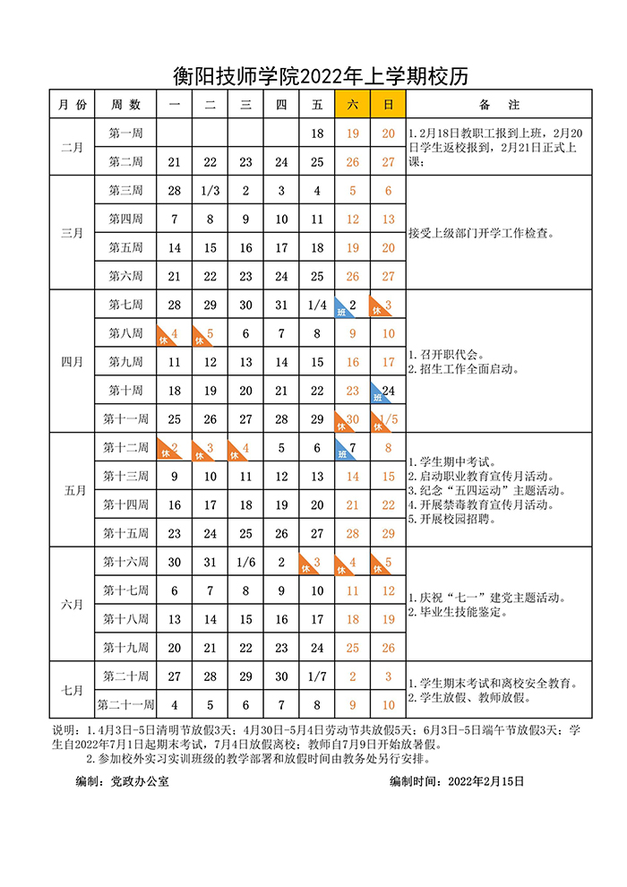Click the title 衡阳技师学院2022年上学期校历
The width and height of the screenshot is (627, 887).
[x=321, y=75]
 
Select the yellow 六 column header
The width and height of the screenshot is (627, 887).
[x=352, y=105]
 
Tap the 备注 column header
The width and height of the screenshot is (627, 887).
[x=499, y=105]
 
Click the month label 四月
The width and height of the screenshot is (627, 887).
[x=72, y=362]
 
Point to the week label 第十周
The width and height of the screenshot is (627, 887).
[x=126, y=391]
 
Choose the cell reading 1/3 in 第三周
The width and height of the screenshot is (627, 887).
[x=210, y=191]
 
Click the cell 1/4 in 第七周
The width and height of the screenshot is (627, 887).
[x=316, y=306]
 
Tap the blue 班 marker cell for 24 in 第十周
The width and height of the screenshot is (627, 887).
[x=388, y=391]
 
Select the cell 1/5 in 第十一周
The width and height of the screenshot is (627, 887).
[x=388, y=419]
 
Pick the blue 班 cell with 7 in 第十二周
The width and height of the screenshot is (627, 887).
[x=352, y=448]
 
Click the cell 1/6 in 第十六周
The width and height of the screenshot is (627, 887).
[x=245, y=563]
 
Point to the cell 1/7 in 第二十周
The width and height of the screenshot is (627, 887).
[x=316, y=676]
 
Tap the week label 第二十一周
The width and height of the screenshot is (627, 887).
[x=126, y=705]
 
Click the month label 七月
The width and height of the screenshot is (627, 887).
[x=72, y=691]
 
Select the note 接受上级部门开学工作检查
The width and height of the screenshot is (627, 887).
[x=481, y=234]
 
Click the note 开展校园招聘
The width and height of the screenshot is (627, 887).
[x=460, y=518]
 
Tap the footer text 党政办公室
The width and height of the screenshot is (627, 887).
[x=140, y=781]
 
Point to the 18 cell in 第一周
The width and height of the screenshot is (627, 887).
[x=316, y=133]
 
